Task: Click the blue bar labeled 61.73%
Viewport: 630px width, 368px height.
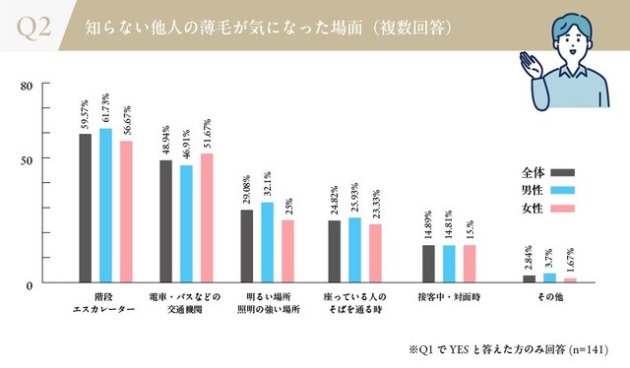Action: tap(105, 206)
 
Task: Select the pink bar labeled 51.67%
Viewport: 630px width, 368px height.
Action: tap(206, 218)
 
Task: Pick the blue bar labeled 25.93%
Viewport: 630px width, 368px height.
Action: tap(354, 250)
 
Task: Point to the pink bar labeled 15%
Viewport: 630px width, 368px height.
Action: tap(470, 264)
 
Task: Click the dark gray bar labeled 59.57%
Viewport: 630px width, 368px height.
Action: tap(85, 209)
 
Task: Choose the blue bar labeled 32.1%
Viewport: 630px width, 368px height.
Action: tap(267, 242)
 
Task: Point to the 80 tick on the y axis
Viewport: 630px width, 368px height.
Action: tap(27, 86)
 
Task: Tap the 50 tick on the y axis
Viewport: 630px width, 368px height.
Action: tap(27, 158)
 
